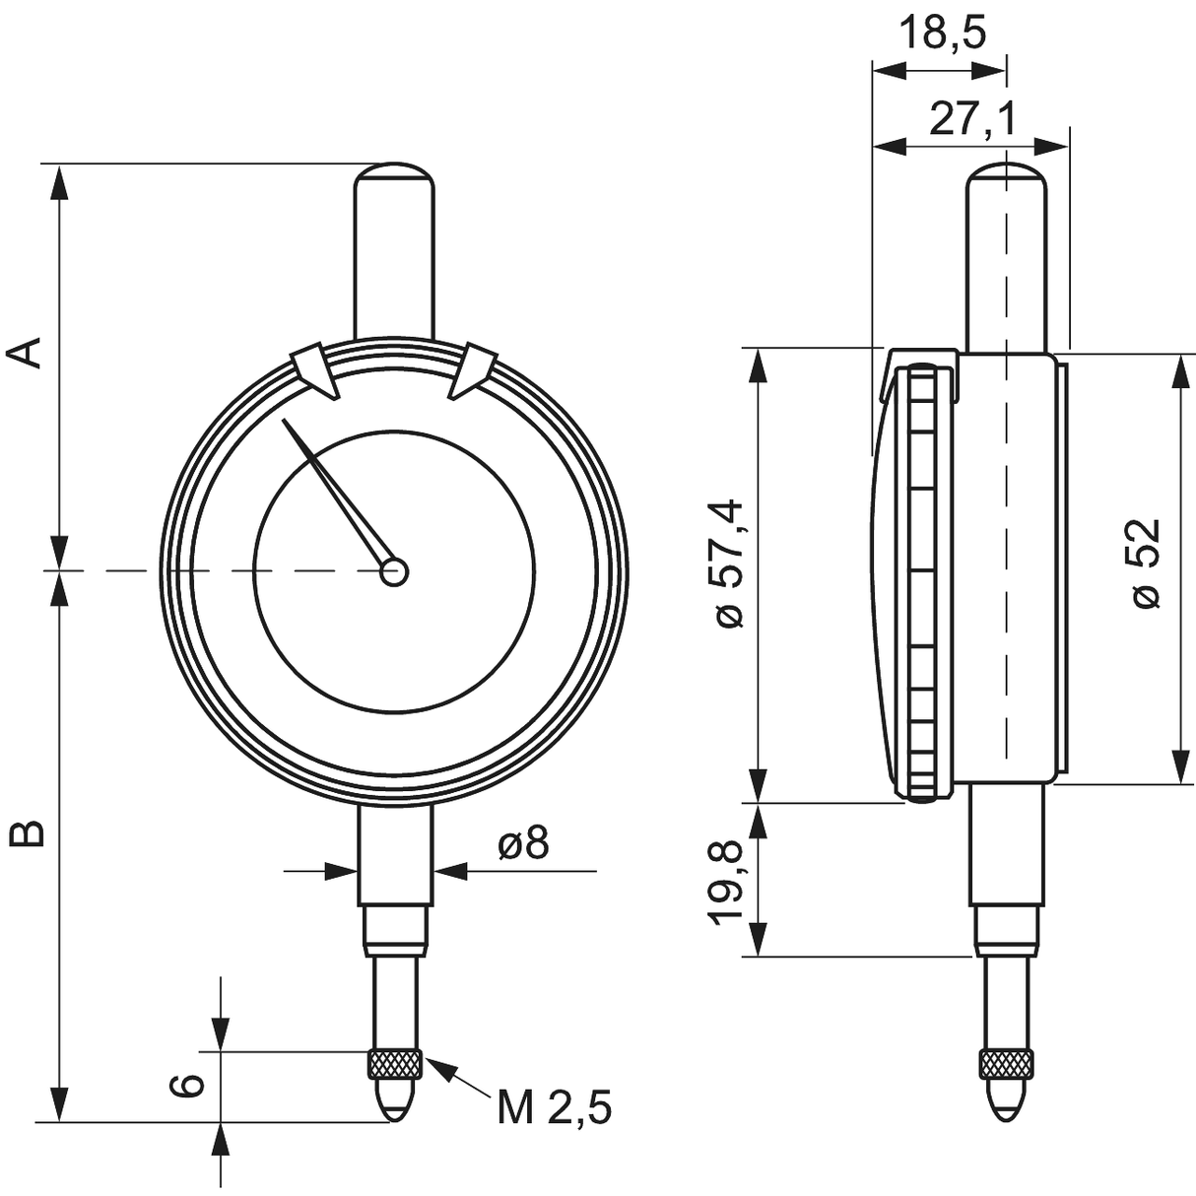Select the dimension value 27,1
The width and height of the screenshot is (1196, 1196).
[971, 120]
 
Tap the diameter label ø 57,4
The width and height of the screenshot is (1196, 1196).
[730, 563]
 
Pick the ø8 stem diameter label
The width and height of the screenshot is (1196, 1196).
[522, 843]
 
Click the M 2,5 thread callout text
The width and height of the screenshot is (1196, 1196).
[554, 1108]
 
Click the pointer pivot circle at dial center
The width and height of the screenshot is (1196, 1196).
[394, 572]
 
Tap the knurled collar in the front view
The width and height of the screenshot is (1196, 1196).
[394, 1064]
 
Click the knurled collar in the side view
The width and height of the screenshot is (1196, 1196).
[1007, 1064]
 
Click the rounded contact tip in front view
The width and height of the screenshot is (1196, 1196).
[394, 1098]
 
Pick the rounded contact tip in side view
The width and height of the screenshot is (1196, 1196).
[1007, 1098]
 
